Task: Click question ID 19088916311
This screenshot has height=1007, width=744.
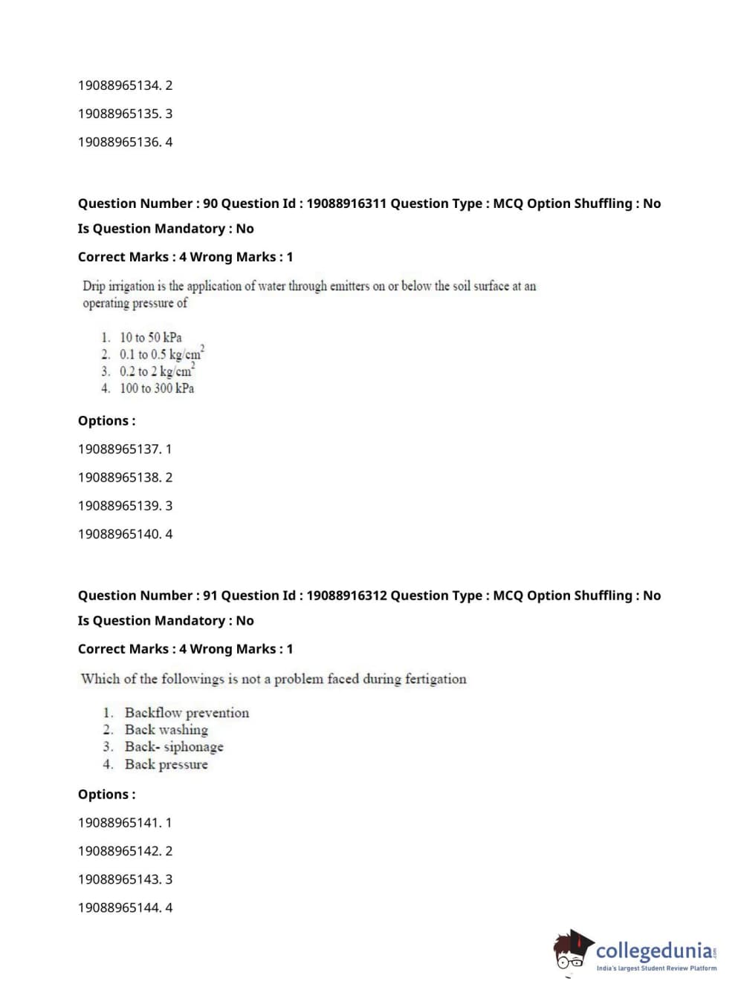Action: (346, 203)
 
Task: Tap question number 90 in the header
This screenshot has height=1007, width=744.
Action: (210, 203)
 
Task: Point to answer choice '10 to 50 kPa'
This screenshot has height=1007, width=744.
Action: (150, 337)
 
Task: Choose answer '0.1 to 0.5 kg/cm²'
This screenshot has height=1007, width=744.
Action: (161, 354)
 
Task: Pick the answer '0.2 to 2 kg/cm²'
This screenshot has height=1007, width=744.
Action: (157, 371)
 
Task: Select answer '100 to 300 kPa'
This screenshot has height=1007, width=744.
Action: (157, 388)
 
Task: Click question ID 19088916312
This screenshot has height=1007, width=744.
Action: (346, 596)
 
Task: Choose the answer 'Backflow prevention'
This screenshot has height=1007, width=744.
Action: (187, 713)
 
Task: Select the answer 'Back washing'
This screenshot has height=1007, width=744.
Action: (166, 730)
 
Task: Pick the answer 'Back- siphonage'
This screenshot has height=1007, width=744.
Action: (174, 747)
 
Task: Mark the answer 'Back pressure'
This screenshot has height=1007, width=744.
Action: (166, 764)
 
